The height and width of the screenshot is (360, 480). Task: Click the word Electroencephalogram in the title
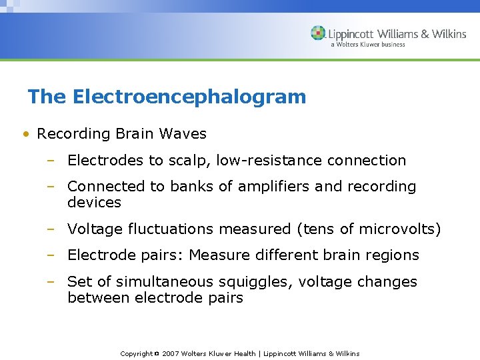pos(189,97)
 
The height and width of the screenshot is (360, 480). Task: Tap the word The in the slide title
pos(47,97)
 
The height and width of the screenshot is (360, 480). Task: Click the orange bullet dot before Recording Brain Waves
pos(25,134)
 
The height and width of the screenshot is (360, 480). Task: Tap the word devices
pos(94,202)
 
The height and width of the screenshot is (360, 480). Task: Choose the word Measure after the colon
pos(223,255)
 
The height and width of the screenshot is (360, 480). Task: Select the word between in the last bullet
pos(99,297)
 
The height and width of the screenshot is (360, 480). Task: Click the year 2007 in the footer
pos(170,353)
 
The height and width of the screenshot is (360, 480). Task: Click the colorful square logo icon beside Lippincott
pos(318,33)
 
